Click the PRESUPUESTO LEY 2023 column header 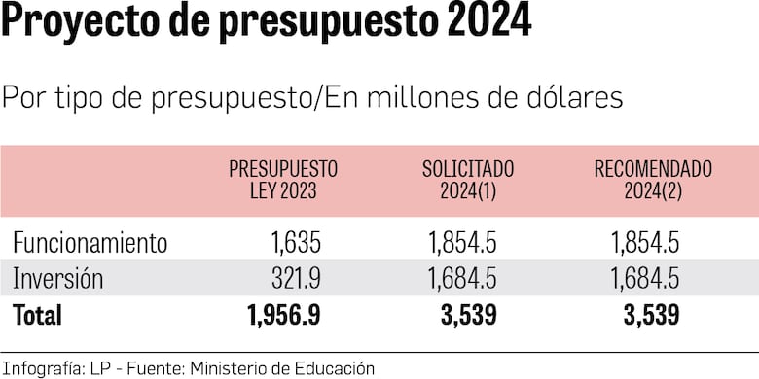pyautogui.click(x=283, y=180)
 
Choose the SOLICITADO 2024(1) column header pyautogui.click(x=467, y=180)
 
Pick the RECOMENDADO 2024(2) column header pyautogui.click(x=653, y=180)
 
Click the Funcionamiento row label pyautogui.click(x=90, y=243)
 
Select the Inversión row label pyautogui.click(x=57, y=279)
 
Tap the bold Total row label pyautogui.click(x=37, y=315)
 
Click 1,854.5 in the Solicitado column pyautogui.click(x=461, y=243)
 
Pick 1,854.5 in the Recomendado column pyautogui.click(x=644, y=243)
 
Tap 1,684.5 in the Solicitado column pyautogui.click(x=461, y=279)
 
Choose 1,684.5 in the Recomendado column pyautogui.click(x=644, y=279)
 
